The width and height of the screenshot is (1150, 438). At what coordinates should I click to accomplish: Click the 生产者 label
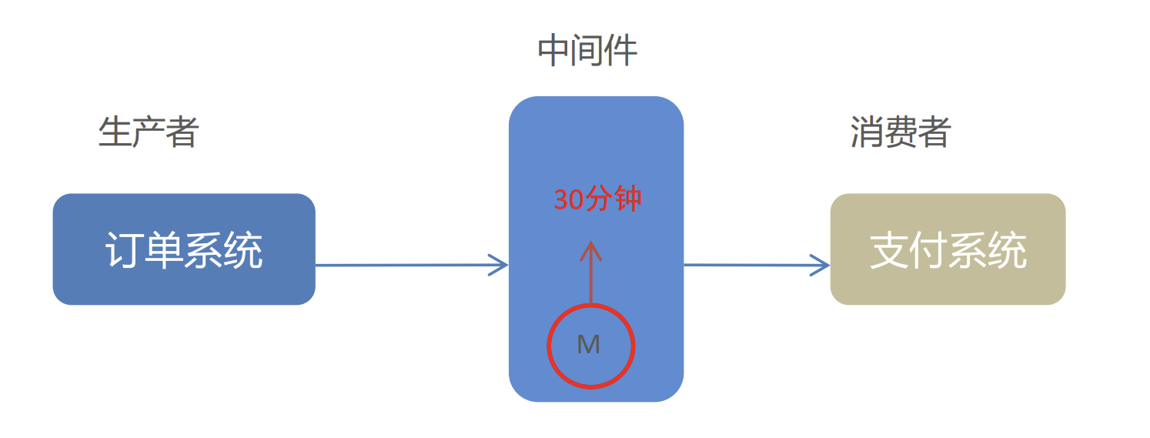(149, 132)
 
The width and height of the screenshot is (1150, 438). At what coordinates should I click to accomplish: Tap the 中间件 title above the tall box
(587, 51)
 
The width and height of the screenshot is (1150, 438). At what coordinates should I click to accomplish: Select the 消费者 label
(901, 132)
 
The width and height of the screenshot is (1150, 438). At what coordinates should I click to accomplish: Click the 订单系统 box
(184, 249)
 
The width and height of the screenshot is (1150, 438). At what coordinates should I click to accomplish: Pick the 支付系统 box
(948, 249)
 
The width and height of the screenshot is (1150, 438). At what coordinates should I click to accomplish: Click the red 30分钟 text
(598, 200)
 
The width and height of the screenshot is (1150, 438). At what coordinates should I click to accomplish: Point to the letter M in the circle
(589, 345)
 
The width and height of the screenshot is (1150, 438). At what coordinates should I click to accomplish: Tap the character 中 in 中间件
(553, 51)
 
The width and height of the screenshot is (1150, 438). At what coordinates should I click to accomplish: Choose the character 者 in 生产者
(182, 132)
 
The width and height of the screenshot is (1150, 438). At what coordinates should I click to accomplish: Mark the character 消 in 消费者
(867, 132)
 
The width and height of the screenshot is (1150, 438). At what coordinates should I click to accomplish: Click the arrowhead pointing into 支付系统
(822, 266)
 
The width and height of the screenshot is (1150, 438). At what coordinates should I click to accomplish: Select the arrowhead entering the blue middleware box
(500, 265)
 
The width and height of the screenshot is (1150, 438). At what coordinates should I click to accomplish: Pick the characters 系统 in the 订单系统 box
(223, 250)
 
